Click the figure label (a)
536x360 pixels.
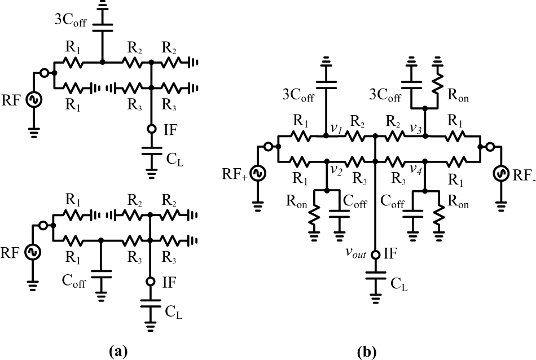118,352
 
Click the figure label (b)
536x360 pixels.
366,352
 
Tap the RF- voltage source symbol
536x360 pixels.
501,173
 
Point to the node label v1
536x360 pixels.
334,128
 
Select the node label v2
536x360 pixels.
336,170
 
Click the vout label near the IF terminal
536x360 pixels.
355,253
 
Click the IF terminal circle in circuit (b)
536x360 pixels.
375,254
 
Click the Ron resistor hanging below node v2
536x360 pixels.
314,215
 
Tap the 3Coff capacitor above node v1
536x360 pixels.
326,85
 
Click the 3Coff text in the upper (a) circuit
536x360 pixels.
71,20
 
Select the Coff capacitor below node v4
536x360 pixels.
412,214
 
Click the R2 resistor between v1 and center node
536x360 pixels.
357,136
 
